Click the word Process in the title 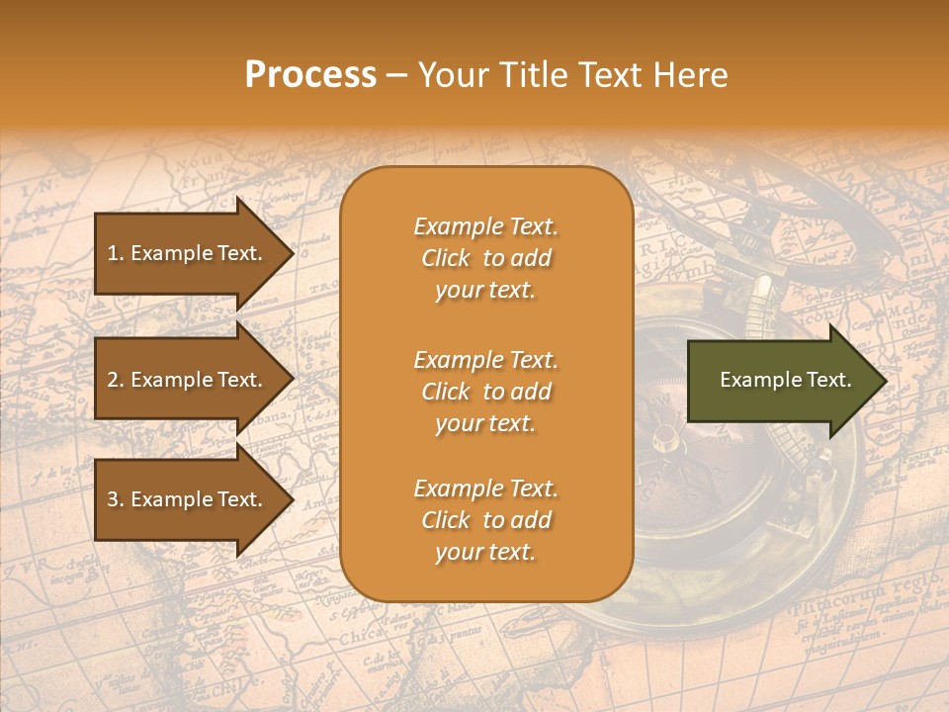(x=310, y=75)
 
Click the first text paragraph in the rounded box (x=485, y=258)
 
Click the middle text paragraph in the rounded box (x=485, y=392)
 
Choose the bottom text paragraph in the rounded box (x=485, y=520)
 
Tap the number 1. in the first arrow (x=116, y=253)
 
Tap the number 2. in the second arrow (x=116, y=380)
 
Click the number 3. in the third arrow (x=116, y=499)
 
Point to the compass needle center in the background (x=665, y=435)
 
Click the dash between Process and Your (x=397, y=75)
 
